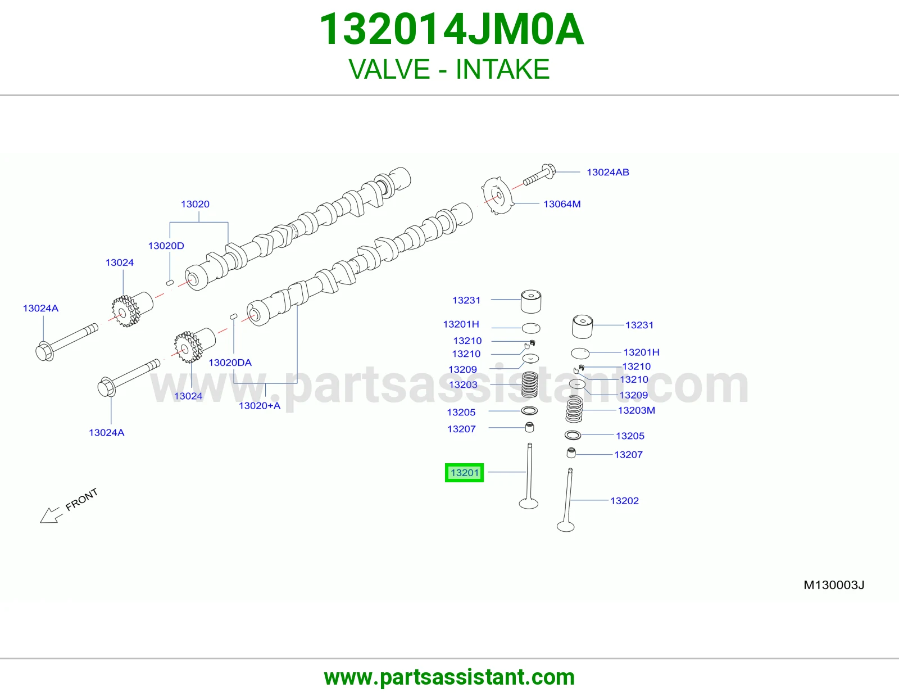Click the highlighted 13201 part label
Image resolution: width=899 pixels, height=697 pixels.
(464, 473)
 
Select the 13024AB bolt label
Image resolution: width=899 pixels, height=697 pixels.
(608, 172)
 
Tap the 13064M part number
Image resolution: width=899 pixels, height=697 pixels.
(562, 204)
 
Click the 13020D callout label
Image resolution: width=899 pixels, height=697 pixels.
(166, 246)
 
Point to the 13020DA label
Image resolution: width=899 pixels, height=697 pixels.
(230, 363)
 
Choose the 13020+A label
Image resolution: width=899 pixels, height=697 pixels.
(260, 406)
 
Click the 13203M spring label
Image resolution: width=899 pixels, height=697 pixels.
(636, 410)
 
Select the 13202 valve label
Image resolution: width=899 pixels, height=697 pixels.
(624, 501)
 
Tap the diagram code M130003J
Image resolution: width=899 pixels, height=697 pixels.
(834, 585)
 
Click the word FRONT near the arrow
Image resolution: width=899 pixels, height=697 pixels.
(81, 499)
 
